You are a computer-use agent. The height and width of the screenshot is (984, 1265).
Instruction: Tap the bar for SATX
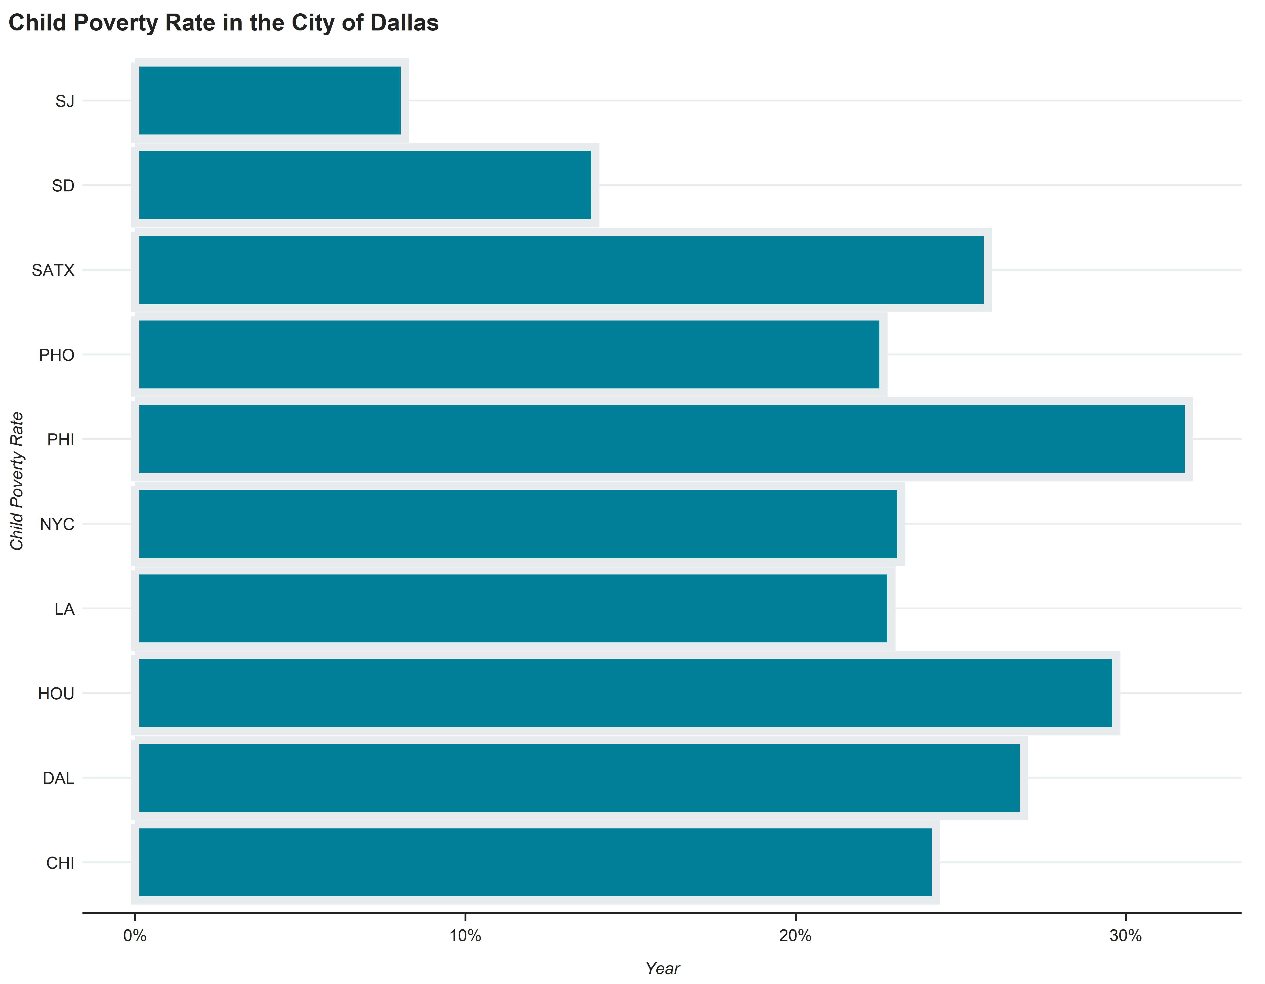[561, 270]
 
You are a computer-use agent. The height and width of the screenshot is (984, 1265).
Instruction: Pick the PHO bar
[509, 354]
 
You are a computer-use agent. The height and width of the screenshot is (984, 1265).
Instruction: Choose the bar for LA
[513, 608]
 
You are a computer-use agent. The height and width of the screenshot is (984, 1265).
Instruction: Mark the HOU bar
[625, 693]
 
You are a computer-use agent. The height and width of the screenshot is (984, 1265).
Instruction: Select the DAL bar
[579, 777]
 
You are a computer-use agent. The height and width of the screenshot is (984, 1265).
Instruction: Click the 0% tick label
[135, 935]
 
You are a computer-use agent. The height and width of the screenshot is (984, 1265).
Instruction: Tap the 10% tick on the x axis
[465, 935]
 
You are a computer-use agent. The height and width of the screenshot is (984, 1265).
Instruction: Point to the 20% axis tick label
[795, 935]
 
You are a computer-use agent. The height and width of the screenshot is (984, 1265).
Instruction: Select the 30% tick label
[1125, 935]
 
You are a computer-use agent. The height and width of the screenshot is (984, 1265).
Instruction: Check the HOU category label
[56, 693]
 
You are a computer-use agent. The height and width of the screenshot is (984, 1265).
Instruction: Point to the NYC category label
[57, 524]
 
